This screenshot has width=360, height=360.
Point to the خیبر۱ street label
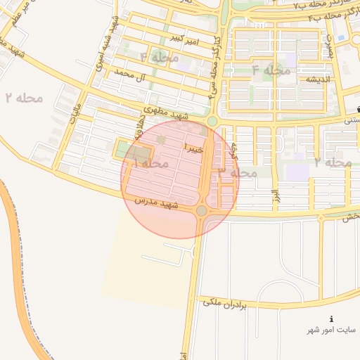[193, 148]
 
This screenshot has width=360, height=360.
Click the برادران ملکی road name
[226, 303]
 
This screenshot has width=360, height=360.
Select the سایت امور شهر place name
[331, 330]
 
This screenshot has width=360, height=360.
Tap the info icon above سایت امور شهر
[332, 319]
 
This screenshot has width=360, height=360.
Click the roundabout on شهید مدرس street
[202, 211]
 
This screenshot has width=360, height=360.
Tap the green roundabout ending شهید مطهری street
[211, 122]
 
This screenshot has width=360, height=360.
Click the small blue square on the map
[341, 37]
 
